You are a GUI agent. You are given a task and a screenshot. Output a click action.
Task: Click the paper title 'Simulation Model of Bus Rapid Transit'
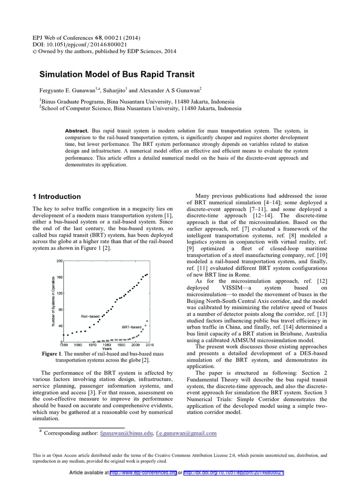coord(116,75)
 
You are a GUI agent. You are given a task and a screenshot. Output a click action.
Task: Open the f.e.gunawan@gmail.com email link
coord(186,434)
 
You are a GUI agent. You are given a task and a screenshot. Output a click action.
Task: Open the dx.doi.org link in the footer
coord(233,472)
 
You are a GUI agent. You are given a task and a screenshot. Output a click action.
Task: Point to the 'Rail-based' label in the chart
coord(90,316)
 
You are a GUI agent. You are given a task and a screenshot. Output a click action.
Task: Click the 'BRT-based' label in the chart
coord(131,327)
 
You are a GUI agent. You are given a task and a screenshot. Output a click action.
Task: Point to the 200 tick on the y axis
coord(60,261)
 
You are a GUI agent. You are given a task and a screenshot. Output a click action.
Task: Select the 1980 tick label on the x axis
coord(107,345)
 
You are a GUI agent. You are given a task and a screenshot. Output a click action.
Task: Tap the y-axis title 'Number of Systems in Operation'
coord(53,301)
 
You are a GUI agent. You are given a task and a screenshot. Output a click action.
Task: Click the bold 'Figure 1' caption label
coord(52,354)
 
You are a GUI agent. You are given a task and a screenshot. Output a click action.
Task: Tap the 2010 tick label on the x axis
coord(149,345)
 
